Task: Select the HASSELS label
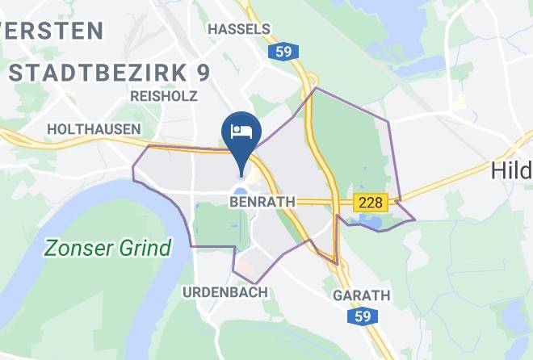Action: click(238, 29)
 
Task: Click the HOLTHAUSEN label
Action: click(94, 128)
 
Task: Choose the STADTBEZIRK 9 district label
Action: click(110, 72)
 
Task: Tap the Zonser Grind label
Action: click(107, 247)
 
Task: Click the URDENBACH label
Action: click(225, 292)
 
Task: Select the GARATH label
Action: click(361, 295)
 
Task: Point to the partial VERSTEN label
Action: click(52, 31)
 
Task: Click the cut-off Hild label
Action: click(511, 170)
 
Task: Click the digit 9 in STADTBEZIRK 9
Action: click(203, 72)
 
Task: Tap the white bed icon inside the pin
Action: click(240, 129)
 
